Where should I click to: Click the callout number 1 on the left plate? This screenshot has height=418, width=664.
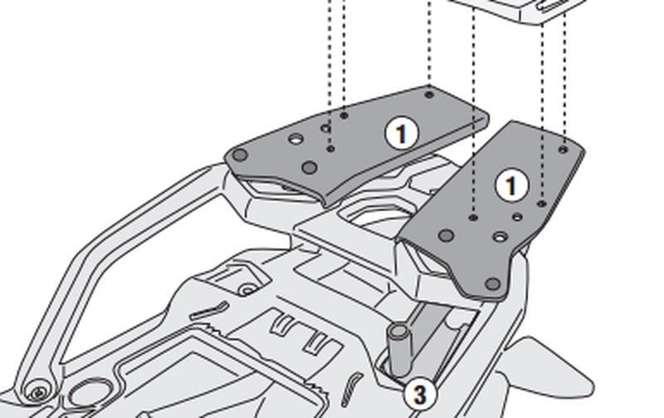tap(402, 133)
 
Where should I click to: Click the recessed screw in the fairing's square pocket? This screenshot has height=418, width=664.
tap(247, 288)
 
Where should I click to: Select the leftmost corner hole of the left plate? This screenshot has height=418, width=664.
tap(240, 155)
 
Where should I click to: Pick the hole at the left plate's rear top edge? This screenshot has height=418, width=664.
tap(429, 95)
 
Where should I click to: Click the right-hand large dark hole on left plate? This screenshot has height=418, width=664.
tap(309, 168)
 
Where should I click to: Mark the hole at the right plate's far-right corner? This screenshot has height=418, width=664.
tap(564, 150)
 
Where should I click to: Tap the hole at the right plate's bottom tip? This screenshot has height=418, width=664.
tap(493, 284)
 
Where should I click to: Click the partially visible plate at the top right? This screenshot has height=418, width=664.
tap(515, 10)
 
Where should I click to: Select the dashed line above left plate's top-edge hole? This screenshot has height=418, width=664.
tap(429, 42)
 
